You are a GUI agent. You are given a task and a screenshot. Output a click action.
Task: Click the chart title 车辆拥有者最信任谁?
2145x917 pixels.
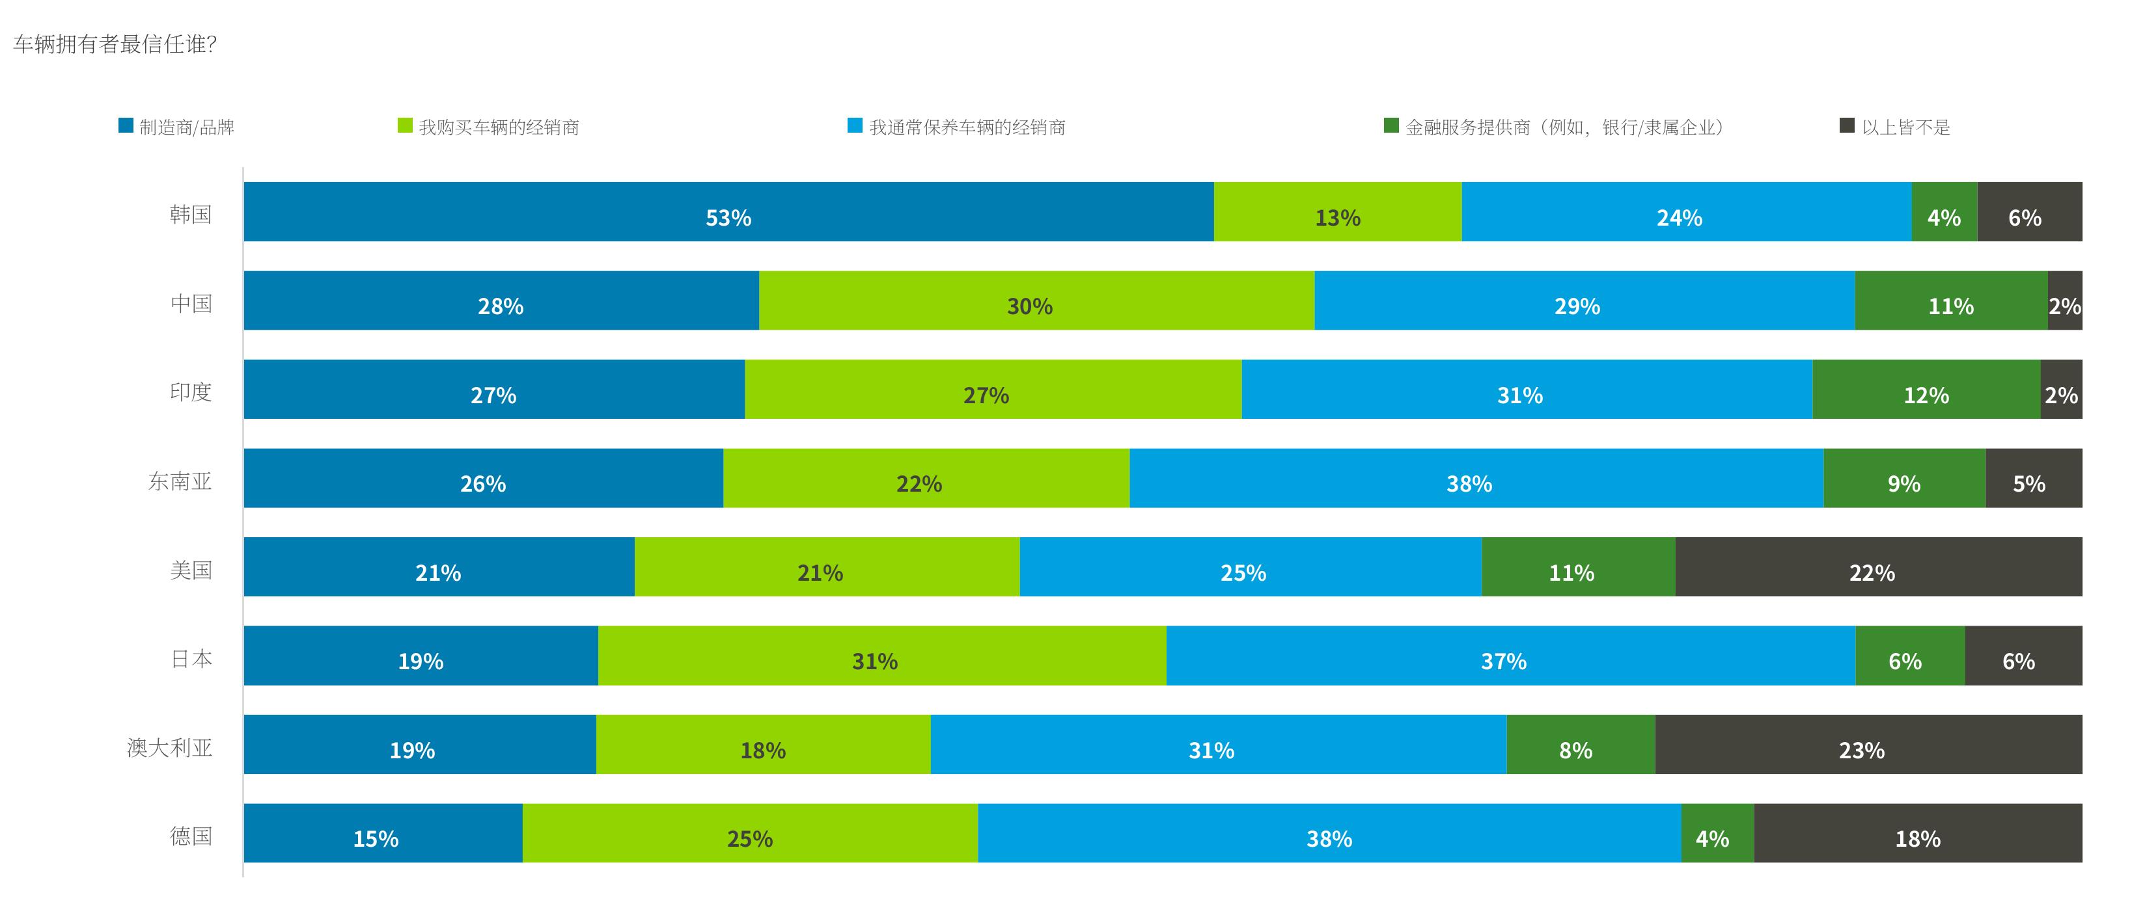pyautogui.click(x=115, y=44)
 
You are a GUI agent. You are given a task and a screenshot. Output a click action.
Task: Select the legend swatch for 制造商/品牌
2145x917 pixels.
pyautogui.click(x=126, y=126)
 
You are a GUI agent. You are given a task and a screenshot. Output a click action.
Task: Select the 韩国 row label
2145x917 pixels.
pyautogui.click(x=191, y=214)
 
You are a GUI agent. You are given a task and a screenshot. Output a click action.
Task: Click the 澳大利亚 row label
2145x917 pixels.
pyautogui.click(x=170, y=747)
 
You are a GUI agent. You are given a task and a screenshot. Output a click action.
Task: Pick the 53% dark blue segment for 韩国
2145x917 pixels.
pyautogui.click(x=728, y=211)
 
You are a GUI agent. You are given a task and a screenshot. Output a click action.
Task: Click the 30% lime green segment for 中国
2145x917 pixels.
pyautogui.click(x=1036, y=300)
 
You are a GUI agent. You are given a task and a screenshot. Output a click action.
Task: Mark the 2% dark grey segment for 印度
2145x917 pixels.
pyautogui.click(x=2062, y=389)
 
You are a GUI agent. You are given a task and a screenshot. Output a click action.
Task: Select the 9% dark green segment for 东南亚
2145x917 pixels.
pyautogui.click(x=1904, y=477)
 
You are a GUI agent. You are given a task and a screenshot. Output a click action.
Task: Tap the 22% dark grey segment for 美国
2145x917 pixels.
pyautogui.click(x=1879, y=566)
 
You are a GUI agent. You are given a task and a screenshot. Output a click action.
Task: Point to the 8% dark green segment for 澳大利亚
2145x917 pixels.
pyautogui.click(x=1581, y=744)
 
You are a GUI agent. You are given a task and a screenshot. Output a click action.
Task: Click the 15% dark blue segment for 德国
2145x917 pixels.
pyautogui.click(x=383, y=833)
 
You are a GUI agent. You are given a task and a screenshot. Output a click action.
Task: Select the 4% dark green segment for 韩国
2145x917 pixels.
pyautogui.click(x=1944, y=211)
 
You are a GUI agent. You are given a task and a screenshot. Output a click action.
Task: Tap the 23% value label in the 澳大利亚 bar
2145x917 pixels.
pyautogui.click(x=1862, y=751)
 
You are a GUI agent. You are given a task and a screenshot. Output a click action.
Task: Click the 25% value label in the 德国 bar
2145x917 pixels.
pyautogui.click(x=749, y=839)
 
